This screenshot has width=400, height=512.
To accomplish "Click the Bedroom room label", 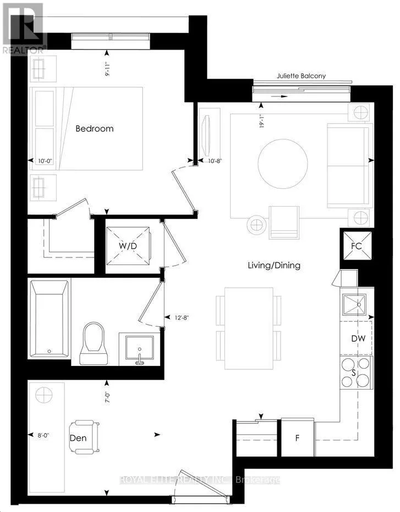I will pos(94,128).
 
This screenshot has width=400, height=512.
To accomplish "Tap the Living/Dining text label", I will pos(273,265).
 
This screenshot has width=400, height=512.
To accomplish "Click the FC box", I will pos(356,246).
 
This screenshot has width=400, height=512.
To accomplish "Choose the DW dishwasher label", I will pos(358,338).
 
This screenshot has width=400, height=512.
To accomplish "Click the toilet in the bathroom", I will pos(95,341).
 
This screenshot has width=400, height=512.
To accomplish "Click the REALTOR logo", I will pos(23,28).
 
